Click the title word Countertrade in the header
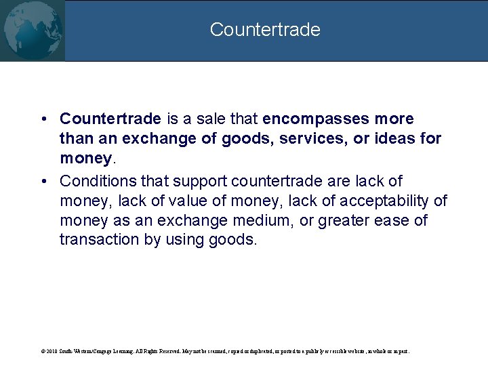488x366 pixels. click(x=264, y=30)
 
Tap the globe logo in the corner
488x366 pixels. click(x=32, y=30)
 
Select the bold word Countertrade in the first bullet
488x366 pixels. click(x=110, y=119)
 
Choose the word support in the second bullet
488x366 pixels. click(x=201, y=181)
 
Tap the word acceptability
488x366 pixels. click(x=388, y=201)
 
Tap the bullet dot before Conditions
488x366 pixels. click(x=43, y=182)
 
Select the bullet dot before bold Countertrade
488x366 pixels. click(x=43, y=119)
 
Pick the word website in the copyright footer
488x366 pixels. click(x=340, y=352)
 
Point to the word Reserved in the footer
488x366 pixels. click(x=167, y=352)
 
